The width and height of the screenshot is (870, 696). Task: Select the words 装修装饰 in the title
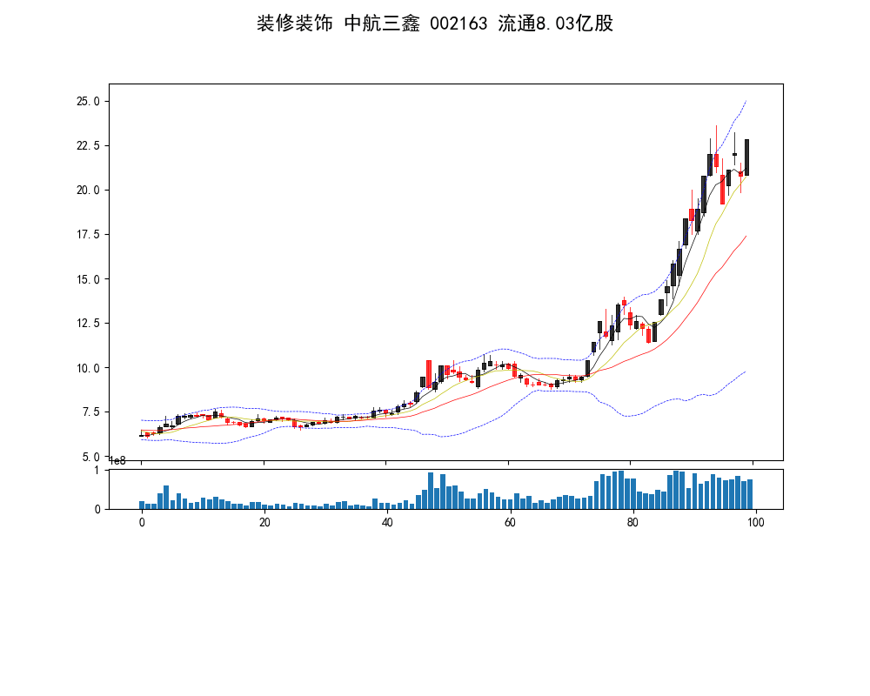coord(294,23)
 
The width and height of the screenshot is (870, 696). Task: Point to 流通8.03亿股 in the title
coord(556,23)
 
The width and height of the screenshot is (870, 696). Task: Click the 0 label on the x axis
coord(142,522)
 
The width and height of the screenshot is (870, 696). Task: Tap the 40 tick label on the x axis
coord(387,522)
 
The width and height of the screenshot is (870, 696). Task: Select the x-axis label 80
coord(632,522)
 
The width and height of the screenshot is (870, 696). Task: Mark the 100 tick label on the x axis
coord(756,522)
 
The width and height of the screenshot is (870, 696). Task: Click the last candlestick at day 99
coord(746,157)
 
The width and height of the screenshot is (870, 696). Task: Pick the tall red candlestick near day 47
coord(429,373)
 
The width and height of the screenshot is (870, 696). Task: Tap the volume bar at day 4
coord(166,497)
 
